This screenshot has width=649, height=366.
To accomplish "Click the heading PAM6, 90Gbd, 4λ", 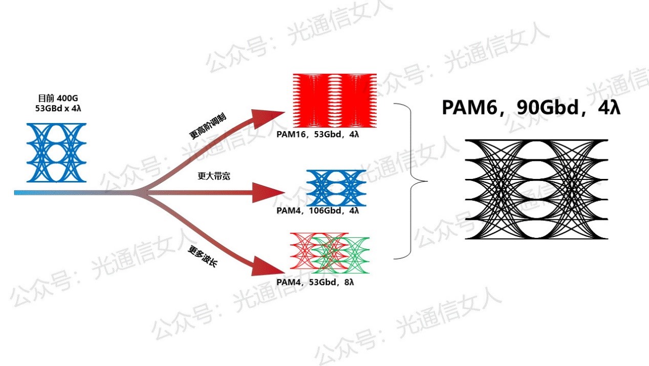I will pyautogui.click(x=531, y=108).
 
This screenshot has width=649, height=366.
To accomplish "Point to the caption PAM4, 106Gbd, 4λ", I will pyautogui.click(x=317, y=211).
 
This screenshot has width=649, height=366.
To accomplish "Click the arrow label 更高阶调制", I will pyautogui.click(x=208, y=127).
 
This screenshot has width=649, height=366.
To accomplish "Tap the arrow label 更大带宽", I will pyautogui.click(x=214, y=176).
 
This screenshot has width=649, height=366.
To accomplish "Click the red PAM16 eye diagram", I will pyautogui.click(x=334, y=100).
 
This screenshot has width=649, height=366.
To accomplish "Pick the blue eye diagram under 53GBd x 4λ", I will pyautogui.click(x=57, y=153).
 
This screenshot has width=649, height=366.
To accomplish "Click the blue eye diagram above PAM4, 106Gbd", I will pyautogui.click(x=335, y=188).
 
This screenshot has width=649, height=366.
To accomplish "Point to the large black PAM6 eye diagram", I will pyautogui.click(x=536, y=189).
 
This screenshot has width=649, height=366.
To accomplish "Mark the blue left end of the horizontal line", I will pyautogui.click(x=20, y=193).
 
